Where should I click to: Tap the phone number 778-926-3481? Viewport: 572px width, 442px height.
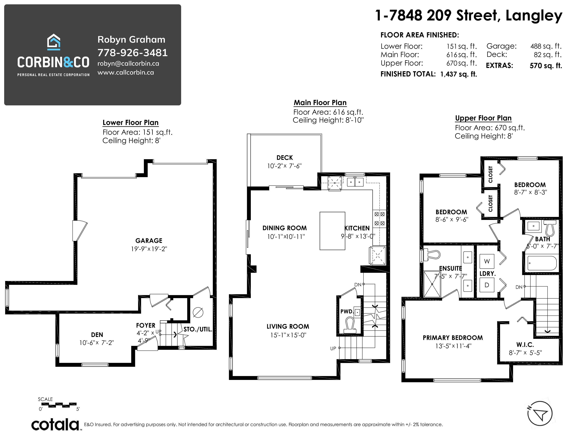(133, 53)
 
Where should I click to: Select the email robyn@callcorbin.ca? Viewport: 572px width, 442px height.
(128, 64)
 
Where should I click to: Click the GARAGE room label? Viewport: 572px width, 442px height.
(149, 240)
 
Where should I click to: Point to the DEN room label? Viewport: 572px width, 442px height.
(97, 335)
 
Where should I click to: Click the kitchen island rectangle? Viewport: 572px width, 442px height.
(332, 231)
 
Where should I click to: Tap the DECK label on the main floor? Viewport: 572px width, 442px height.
(285, 158)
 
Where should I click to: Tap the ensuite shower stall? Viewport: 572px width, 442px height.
(432, 284)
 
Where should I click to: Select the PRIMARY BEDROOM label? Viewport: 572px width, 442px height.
(453, 338)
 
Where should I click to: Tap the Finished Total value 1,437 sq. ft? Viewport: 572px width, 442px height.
(459, 74)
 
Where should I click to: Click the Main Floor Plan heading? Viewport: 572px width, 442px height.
(320, 103)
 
